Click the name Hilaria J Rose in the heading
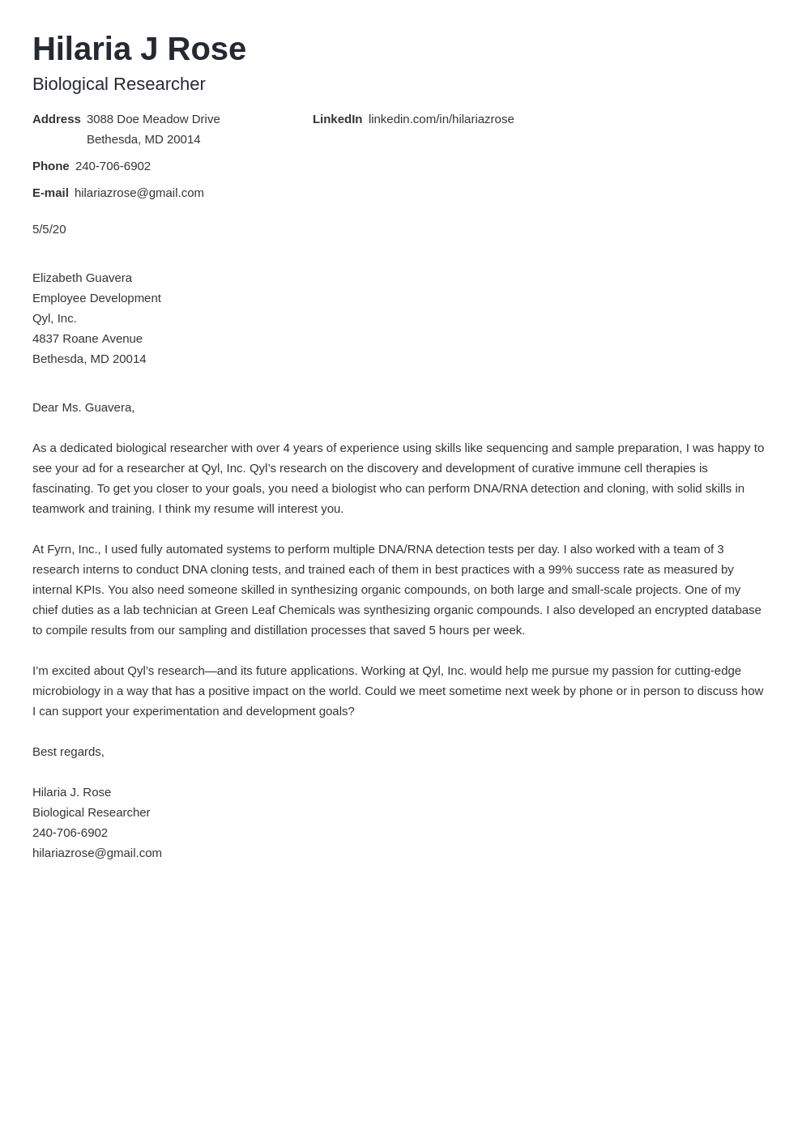click(139, 49)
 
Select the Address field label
click(56, 119)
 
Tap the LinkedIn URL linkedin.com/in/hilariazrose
click(441, 119)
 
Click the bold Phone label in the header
click(50, 166)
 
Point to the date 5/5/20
click(49, 229)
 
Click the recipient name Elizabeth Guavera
click(82, 278)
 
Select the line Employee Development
click(96, 298)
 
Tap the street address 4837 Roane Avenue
click(87, 339)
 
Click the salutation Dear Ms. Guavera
click(83, 407)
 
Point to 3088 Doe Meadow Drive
click(153, 119)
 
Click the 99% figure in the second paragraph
click(560, 569)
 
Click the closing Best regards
click(68, 752)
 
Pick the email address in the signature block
click(97, 853)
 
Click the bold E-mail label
click(50, 193)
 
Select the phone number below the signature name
click(70, 833)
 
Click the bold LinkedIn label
click(337, 119)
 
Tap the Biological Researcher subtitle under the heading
click(119, 84)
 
